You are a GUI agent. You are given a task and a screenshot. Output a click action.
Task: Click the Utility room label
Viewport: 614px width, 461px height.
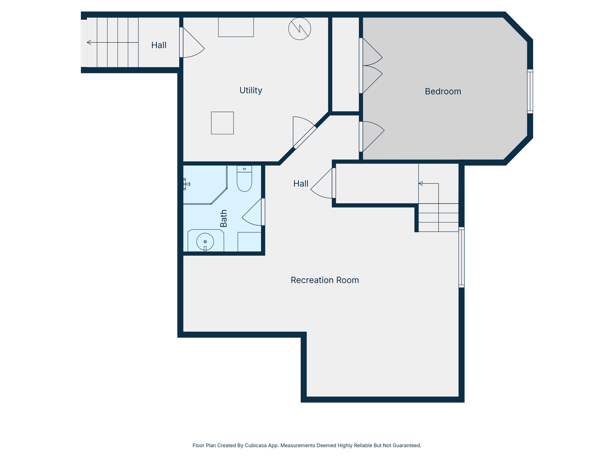tap(251, 90)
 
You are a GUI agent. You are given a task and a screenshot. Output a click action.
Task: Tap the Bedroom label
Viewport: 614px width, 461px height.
tap(443, 91)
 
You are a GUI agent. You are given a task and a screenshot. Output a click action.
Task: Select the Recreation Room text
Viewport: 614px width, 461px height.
tap(325, 280)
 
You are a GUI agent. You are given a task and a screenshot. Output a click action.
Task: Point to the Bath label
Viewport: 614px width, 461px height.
tap(223, 218)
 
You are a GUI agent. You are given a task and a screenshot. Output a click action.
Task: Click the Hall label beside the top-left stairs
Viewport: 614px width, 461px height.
tap(159, 45)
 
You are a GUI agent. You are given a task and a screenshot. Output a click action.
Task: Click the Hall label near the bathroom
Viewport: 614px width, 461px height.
tap(301, 183)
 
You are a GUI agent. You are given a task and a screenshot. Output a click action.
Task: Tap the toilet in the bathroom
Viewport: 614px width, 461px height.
tap(244, 178)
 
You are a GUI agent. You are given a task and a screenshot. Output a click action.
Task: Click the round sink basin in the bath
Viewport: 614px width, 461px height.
tap(205, 242)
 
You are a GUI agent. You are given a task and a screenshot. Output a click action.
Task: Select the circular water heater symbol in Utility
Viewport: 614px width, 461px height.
tap(299, 29)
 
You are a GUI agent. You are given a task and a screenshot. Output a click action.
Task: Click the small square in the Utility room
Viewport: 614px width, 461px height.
tap(222, 123)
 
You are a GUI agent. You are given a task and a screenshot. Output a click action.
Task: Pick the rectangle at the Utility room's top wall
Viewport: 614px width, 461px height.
tap(236, 27)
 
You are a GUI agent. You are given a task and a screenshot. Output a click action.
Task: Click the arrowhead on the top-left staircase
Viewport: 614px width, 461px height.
tap(89, 42)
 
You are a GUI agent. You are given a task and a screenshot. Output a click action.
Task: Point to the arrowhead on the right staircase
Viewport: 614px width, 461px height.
tap(421, 183)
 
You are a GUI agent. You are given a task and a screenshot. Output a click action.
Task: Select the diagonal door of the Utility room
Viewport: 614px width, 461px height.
tap(305, 137)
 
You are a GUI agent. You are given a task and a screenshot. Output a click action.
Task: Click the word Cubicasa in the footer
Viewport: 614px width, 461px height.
tap(256, 445)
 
